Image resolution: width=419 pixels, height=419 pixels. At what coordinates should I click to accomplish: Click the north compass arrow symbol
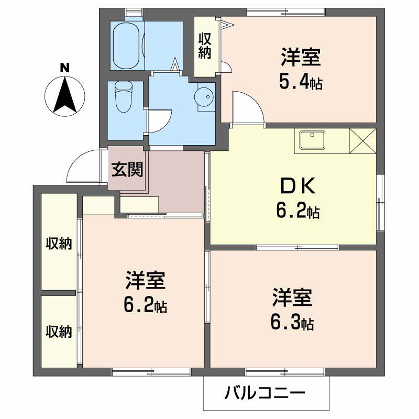tap(65, 95)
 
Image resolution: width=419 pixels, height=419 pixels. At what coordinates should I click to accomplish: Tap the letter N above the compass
tap(64, 68)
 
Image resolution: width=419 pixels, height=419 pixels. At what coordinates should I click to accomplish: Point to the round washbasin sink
tap(203, 96)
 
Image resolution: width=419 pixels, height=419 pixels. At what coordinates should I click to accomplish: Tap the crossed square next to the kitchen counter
tap(362, 140)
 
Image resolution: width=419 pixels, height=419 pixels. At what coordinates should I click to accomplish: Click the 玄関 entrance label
tap(127, 170)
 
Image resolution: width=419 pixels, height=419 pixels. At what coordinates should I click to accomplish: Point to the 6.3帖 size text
tap(292, 323)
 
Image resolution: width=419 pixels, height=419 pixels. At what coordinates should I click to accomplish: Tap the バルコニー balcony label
tap(266, 393)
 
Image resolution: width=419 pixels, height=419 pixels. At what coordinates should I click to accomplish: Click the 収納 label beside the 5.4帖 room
tap(204, 46)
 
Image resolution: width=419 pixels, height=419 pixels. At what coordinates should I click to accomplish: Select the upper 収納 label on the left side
tap(59, 243)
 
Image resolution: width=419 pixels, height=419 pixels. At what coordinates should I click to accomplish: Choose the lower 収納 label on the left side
tap(59, 331)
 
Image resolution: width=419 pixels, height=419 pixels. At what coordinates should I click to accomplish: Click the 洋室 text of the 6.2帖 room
tap(145, 282)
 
